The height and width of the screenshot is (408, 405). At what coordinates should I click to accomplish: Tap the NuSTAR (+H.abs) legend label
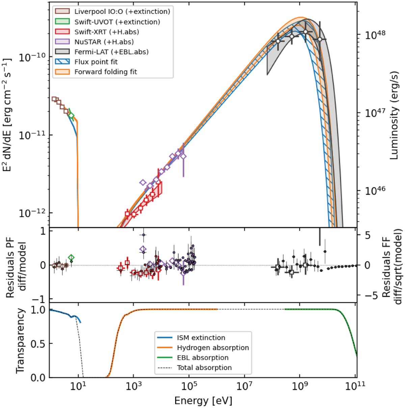[104, 42]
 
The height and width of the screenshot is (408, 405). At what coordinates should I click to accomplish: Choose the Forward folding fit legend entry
[106, 72]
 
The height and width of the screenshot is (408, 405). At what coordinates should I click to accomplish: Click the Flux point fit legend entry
[96, 62]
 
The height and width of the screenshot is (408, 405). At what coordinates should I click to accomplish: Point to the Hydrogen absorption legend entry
[213, 348]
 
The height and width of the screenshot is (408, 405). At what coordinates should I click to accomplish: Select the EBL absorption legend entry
[202, 357]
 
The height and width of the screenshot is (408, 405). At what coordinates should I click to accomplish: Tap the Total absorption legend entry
[204, 368]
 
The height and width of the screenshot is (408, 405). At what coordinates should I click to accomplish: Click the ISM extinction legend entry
[201, 338]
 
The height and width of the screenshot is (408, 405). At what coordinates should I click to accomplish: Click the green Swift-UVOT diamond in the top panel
[71, 116]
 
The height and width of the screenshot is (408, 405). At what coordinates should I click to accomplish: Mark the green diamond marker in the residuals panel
[71, 258]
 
